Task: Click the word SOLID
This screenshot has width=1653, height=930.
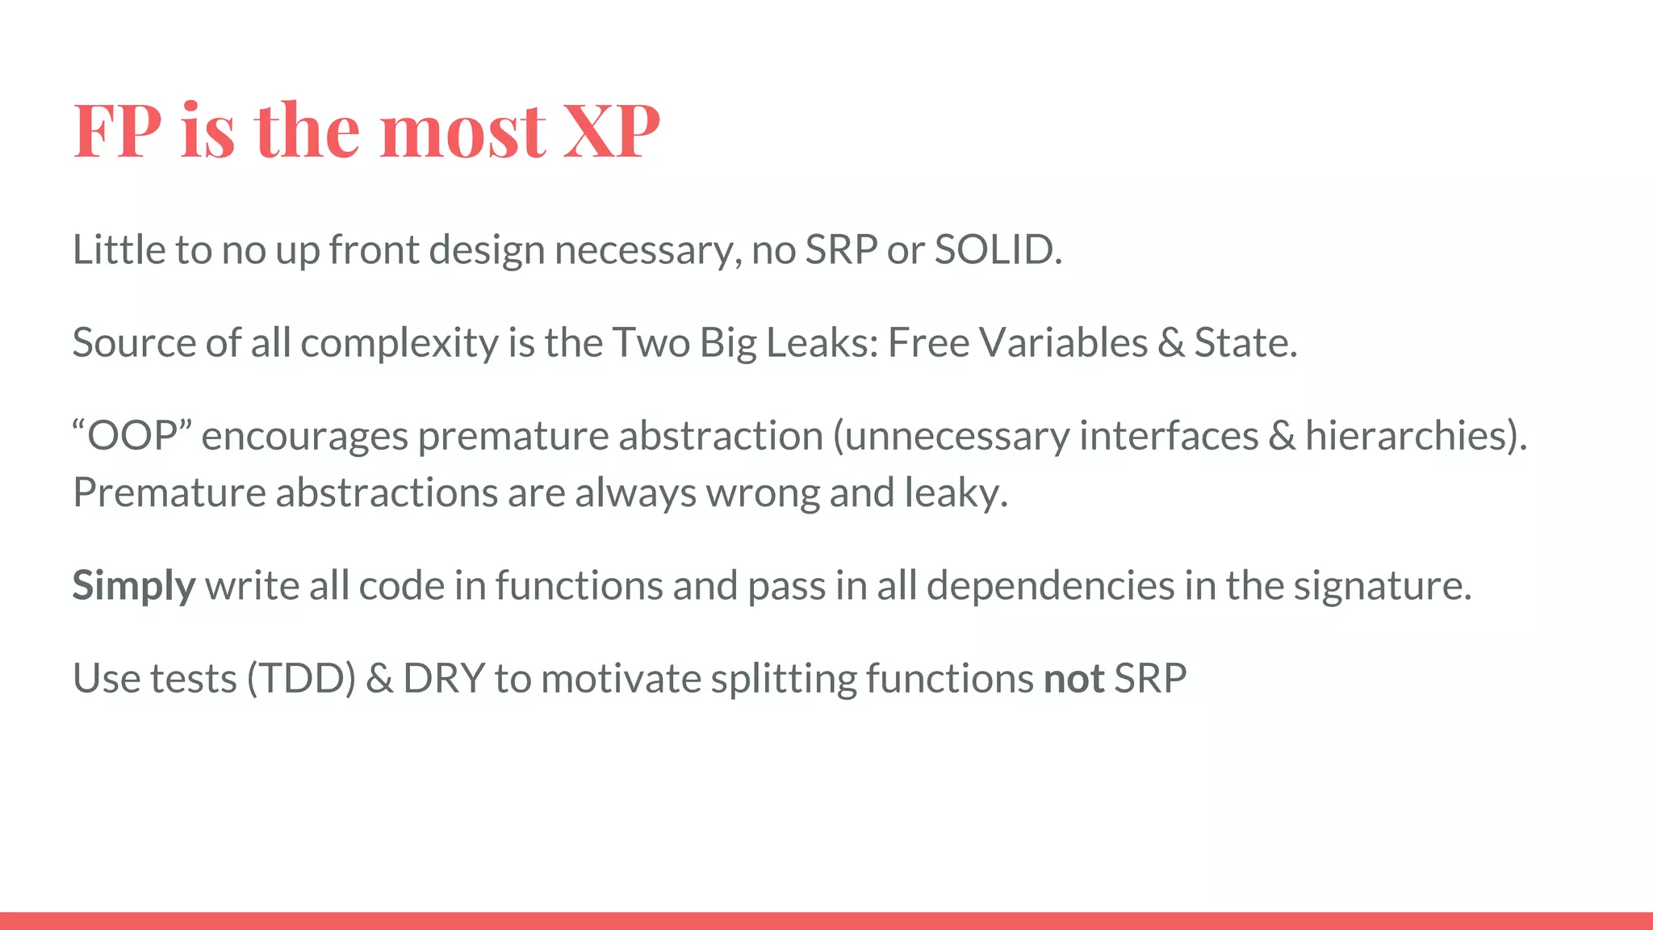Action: coord(998,249)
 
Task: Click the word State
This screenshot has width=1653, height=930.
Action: coord(1245,342)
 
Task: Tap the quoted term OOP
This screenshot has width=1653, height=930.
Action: coord(132,436)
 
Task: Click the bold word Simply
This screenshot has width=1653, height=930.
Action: coord(134,586)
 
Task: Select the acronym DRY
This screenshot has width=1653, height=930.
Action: coord(444,678)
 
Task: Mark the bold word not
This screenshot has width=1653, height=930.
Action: coord(1073,678)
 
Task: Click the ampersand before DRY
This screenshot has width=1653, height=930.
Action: coord(379,678)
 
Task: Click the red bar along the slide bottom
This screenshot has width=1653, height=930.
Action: coord(826,920)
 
